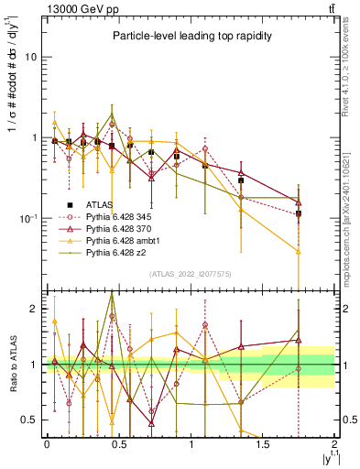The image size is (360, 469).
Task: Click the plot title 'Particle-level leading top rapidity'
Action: click(190, 36)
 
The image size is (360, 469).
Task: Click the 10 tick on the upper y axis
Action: click(32, 57)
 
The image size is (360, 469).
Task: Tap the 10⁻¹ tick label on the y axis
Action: click(28, 219)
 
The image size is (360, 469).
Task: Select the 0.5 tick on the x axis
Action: click(119, 443)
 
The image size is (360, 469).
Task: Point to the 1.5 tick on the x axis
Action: click(263, 443)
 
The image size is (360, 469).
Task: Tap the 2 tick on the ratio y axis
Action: click(34, 309)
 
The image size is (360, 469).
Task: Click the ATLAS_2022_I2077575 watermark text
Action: click(191, 274)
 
